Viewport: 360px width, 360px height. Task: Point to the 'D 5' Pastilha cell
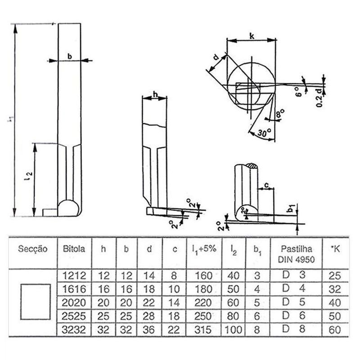tap(293, 302)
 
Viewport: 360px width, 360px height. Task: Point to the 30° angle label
tap(265, 133)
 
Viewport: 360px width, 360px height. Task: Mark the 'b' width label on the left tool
tap(69, 56)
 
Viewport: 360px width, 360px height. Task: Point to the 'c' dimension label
tap(266, 185)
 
